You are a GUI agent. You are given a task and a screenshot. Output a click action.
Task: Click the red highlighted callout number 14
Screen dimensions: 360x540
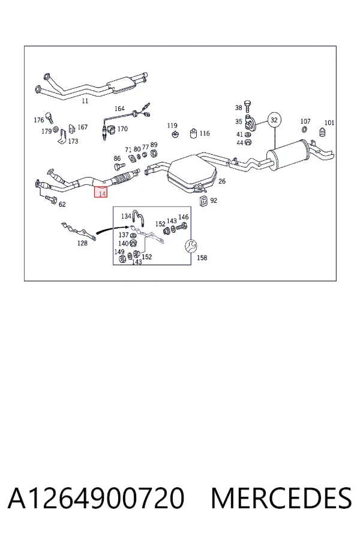pyautogui.click(x=101, y=192)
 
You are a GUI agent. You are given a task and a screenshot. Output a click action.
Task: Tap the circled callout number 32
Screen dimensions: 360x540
pyautogui.click(x=274, y=120)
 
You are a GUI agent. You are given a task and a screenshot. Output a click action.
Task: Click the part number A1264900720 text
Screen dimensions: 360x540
pyautogui.click(x=97, y=499)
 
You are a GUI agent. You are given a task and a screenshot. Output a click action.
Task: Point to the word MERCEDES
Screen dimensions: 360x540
pyautogui.click(x=281, y=499)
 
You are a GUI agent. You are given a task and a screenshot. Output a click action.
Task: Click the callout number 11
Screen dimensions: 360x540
pyautogui.click(x=85, y=101)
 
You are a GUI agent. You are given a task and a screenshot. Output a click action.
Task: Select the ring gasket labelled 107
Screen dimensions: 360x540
pyautogui.click(x=305, y=130)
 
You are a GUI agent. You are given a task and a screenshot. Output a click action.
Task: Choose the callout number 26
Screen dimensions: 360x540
pyautogui.click(x=222, y=181)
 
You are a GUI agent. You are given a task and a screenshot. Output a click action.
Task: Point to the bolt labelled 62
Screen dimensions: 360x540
pyautogui.click(x=50, y=199)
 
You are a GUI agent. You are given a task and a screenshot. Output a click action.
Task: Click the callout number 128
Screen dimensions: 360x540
pyautogui.click(x=82, y=243)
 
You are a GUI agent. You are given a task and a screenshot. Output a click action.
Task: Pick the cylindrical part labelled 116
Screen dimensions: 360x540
pyautogui.click(x=194, y=133)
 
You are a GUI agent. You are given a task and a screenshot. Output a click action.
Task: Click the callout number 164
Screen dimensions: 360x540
pyautogui.click(x=119, y=109)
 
